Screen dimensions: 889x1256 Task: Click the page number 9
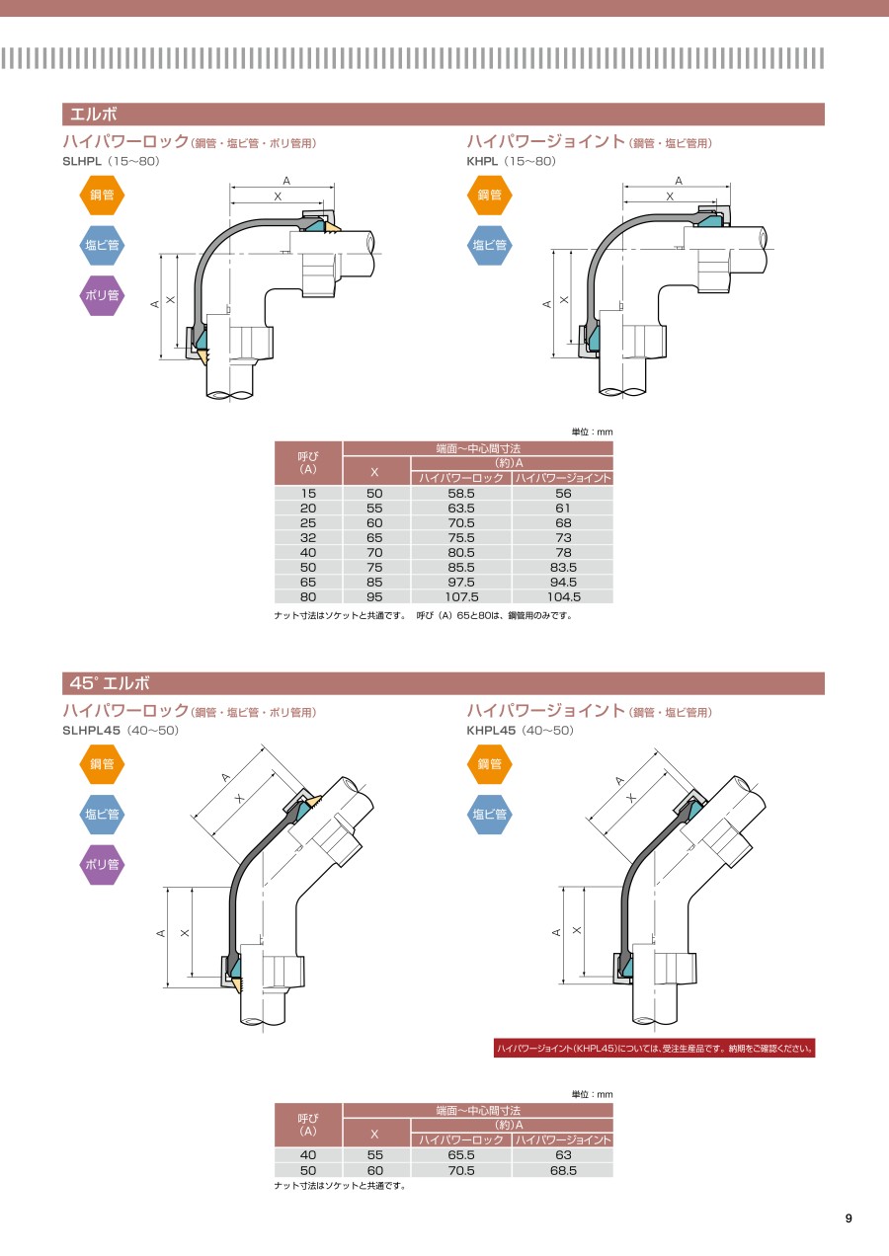pos(849,1218)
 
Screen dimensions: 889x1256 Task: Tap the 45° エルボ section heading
pos(110,683)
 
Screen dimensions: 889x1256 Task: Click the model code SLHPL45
pos(92,730)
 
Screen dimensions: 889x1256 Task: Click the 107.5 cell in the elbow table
pos(461,597)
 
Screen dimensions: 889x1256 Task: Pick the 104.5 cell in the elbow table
pos(563,597)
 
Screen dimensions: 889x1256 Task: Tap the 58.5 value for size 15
pos(461,494)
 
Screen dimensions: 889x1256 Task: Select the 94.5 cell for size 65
pos(563,582)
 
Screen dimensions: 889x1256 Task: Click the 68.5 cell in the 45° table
pos(563,1170)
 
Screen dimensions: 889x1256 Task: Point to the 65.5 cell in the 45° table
pos(461,1155)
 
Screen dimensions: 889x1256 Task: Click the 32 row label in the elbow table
pos(308,538)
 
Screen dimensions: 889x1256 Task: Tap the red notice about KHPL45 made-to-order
pos(654,1049)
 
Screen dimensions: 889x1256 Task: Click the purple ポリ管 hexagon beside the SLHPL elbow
pos(102,295)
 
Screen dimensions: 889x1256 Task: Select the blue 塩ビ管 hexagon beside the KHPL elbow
pos(489,245)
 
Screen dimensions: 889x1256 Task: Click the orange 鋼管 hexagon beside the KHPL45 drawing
pos(489,763)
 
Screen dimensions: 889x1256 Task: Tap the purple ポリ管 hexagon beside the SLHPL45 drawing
pos(102,865)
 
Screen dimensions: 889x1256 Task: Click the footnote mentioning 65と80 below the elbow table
pos(495,616)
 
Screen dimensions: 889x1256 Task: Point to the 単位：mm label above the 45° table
pos(593,1094)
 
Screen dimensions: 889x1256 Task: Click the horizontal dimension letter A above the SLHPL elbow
pos(286,181)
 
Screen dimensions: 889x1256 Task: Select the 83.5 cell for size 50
pos(563,568)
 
